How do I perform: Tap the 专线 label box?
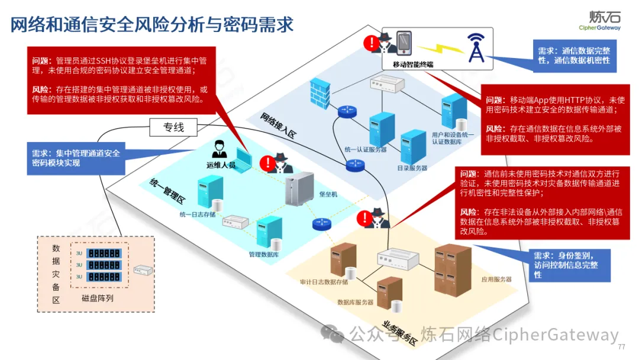click(x=174, y=127)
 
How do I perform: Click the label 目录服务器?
click(x=412, y=168)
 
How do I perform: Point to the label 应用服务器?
click(x=496, y=279)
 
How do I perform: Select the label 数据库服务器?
click(x=355, y=303)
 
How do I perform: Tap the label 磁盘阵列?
click(x=98, y=298)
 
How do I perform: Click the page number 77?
click(x=621, y=347)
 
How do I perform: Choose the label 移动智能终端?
click(x=413, y=63)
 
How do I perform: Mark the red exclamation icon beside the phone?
click(x=371, y=43)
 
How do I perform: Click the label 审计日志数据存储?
click(x=324, y=282)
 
